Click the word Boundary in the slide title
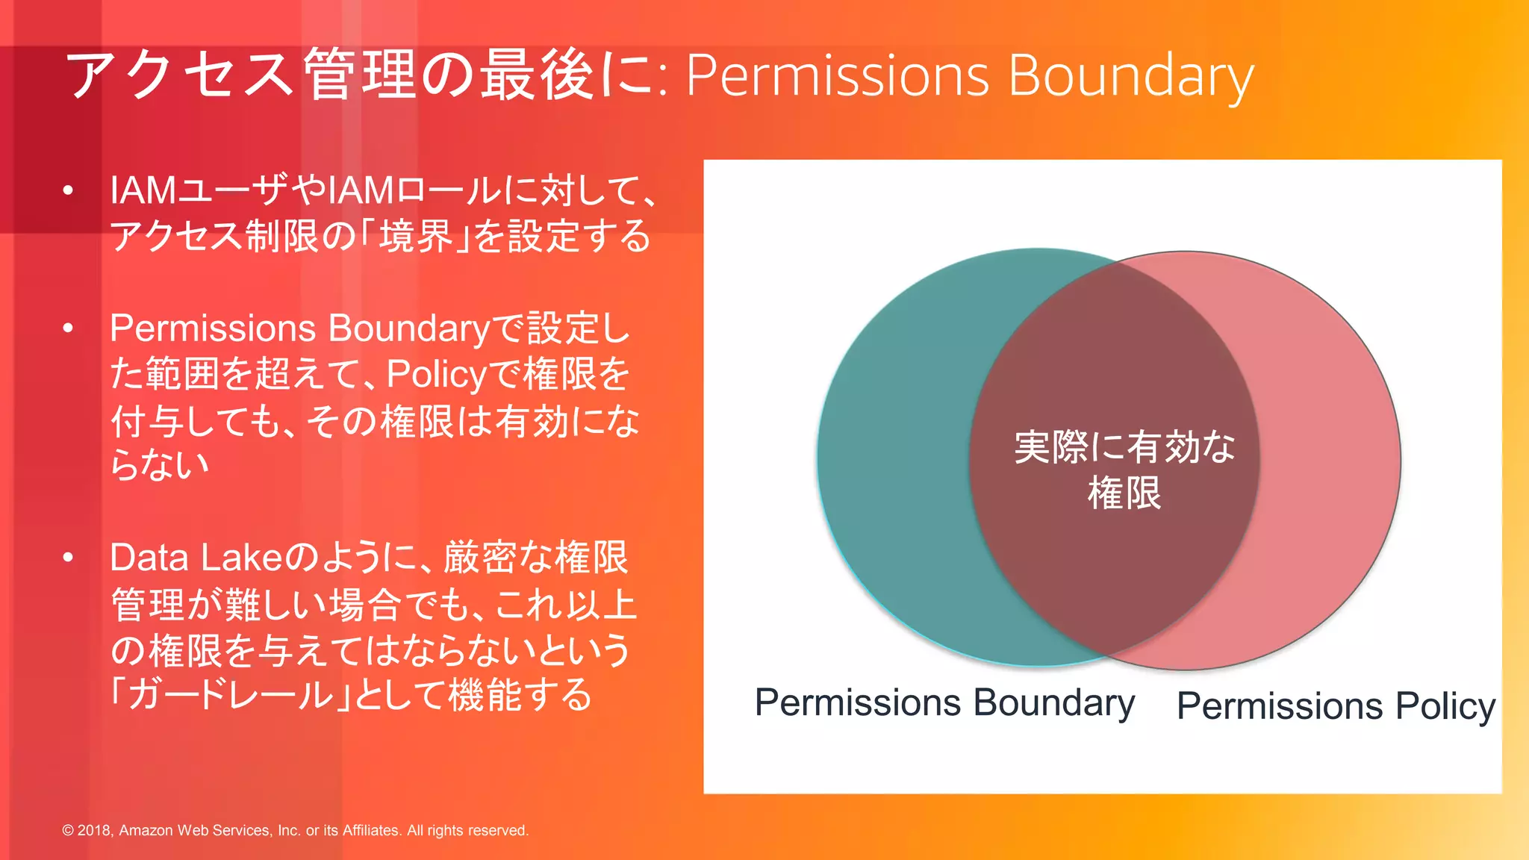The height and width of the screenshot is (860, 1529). [1130, 76]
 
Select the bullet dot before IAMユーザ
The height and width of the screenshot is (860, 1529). [68, 191]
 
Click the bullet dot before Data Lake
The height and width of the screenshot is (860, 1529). [68, 558]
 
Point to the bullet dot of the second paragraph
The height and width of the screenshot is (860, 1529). [68, 328]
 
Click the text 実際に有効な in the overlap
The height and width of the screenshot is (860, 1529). [1124, 447]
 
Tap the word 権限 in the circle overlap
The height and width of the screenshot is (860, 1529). [1124, 493]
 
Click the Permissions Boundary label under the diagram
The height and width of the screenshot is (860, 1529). [944, 703]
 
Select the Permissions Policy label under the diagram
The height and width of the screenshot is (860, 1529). [1336, 706]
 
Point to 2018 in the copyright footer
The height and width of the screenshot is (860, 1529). [94, 830]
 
